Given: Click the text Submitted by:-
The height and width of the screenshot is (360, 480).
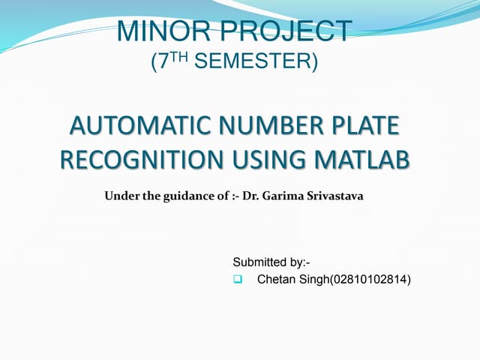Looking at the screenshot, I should (x=271, y=262).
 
